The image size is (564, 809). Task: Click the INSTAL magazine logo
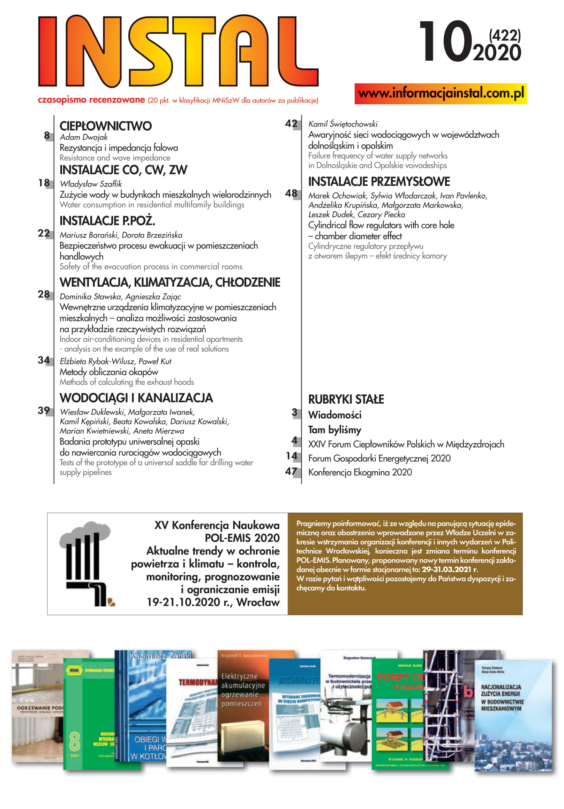(178, 51)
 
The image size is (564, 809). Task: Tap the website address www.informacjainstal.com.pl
(441, 93)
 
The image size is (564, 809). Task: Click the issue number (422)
(504, 35)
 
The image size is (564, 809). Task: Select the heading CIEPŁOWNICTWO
(105, 126)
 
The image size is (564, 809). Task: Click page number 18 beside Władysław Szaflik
(44, 182)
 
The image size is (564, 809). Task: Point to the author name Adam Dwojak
(84, 137)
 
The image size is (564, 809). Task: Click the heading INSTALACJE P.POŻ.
(107, 221)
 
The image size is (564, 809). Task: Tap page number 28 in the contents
(44, 294)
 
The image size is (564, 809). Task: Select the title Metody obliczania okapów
(108, 372)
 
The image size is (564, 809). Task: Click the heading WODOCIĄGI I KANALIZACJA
(136, 398)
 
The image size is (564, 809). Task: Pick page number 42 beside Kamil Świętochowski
(291, 123)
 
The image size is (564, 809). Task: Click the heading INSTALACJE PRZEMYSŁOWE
(379, 181)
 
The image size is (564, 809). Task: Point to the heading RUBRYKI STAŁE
(346, 399)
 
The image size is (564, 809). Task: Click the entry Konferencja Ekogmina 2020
(360, 472)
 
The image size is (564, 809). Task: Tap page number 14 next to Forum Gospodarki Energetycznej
(292, 456)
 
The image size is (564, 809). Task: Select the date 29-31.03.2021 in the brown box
(446, 569)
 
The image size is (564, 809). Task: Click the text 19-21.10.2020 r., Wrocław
(213, 602)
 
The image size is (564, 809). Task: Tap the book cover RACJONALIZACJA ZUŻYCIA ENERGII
(513, 715)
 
